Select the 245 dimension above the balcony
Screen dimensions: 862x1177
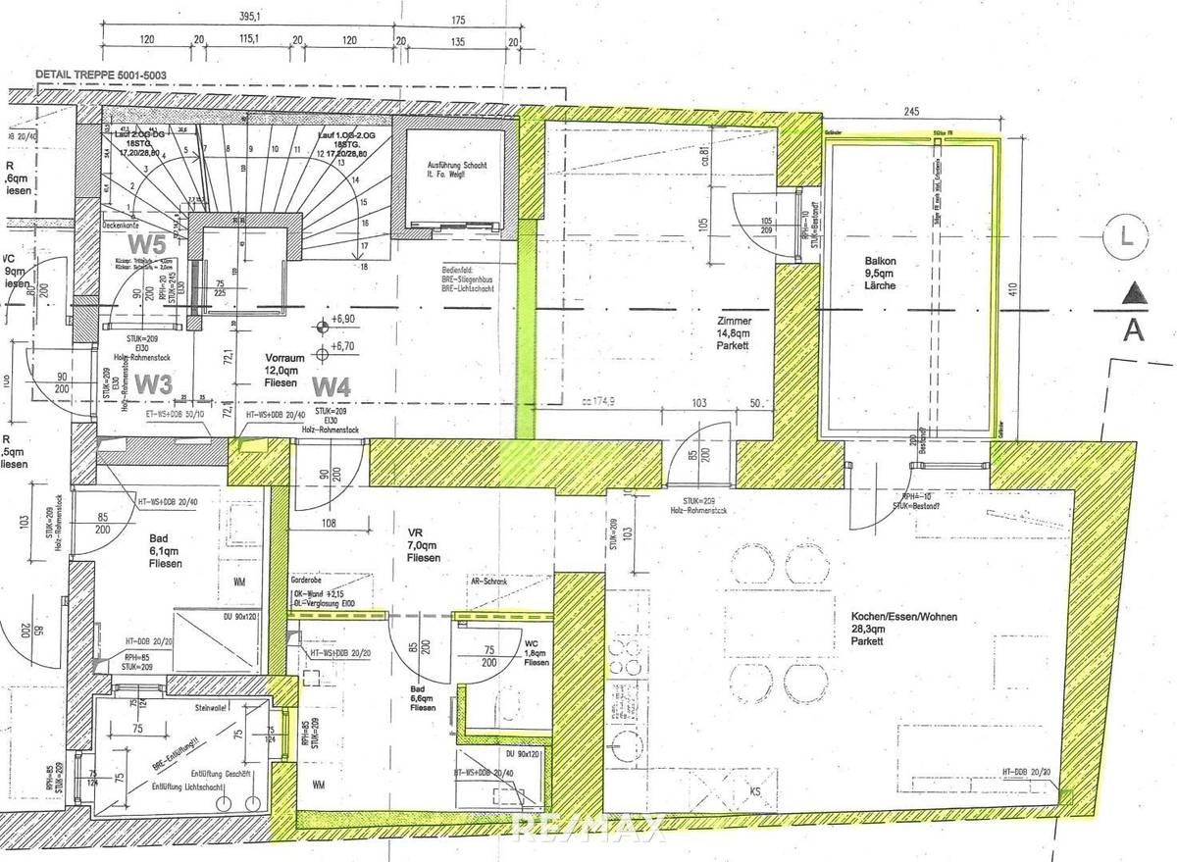912,113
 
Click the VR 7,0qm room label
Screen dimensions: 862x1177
423,543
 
